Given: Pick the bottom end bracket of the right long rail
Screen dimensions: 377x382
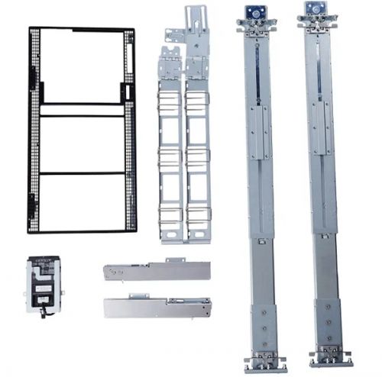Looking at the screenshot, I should [329, 356].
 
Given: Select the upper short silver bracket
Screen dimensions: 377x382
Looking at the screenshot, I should [157, 271].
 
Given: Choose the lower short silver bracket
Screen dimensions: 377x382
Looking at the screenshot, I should [157, 308].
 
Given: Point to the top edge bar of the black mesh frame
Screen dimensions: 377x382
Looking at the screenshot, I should [83, 29].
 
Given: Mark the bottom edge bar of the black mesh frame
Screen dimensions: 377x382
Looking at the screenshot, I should [83, 230].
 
